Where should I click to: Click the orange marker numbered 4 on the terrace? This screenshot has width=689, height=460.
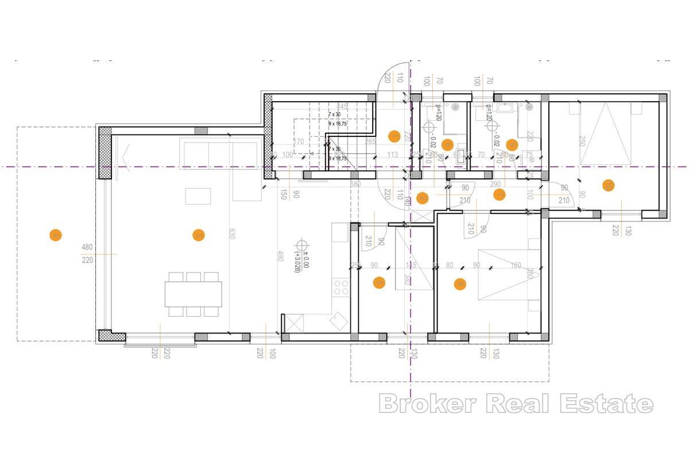pyautogui.click(x=56, y=235)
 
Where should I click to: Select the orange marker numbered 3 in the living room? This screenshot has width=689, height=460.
pyautogui.click(x=198, y=235)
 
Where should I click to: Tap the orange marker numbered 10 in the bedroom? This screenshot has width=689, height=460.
pyautogui.click(x=608, y=185)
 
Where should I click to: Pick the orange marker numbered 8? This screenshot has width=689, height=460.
pyautogui.click(x=459, y=283)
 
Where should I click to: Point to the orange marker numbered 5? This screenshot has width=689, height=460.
pyautogui.click(x=379, y=282)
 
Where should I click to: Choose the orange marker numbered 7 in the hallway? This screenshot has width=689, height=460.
pyautogui.click(x=499, y=195)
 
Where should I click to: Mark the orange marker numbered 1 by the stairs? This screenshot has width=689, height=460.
pyautogui.click(x=394, y=136)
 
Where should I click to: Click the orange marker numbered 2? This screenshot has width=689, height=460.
pyautogui.click(x=422, y=198)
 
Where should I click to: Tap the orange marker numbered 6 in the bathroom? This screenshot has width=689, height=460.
pyautogui.click(x=448, y=144)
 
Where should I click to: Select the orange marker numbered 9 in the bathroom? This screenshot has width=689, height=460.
pyautogui.click(x=512, y=144)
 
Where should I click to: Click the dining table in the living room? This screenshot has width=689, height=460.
pyautogui.click(x=193, y=294)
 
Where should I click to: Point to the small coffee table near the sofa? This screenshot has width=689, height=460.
pyautogui.click(x=198, y=196)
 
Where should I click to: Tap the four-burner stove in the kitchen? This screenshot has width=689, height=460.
pyautogui.click(x=340, y=285)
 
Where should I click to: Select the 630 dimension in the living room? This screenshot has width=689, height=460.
pyautogui.click(x=232, y=235)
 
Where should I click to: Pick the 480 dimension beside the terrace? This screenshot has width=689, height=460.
pyautogui.click(x=87, y=248)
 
